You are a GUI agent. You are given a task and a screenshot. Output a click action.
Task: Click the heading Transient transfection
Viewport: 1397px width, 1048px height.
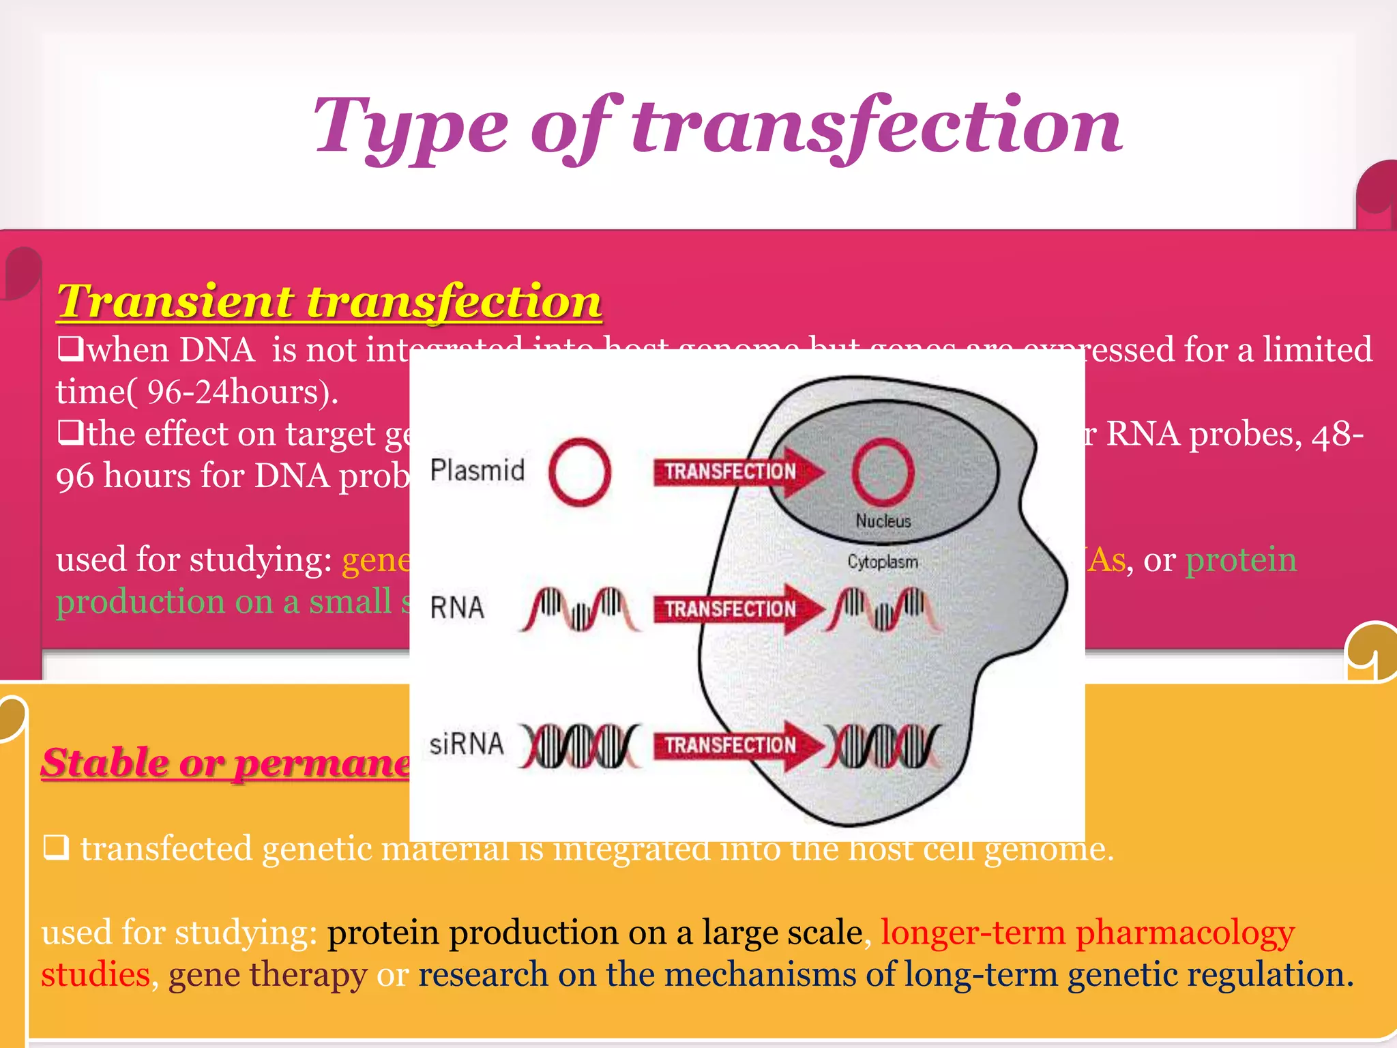click(x=329, y=301)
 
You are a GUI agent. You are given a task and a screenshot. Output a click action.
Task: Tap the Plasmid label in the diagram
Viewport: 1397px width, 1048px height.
click(x=477, y=471)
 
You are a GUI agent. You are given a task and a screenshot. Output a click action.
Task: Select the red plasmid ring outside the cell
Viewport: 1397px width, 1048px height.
click(x=579, y=471)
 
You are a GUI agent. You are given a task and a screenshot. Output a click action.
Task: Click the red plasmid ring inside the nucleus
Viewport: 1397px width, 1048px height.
click(x=883, y=471)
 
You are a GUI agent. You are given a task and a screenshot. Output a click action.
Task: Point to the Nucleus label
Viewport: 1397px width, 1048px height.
click(x=883, y=521)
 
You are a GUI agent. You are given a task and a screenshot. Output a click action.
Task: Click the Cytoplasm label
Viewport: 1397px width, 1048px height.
click(x=883, y=562)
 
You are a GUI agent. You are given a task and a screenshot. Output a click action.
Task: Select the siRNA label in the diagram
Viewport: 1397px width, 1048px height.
click(x=467, y=744)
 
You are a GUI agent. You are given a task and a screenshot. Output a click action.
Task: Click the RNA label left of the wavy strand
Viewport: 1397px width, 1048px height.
click(x=457, y=608)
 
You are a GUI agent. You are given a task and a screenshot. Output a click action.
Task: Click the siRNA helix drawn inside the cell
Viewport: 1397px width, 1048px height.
click(x=883, y=745)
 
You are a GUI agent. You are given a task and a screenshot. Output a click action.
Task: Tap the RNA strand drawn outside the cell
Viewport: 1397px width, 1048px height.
click(x=579, y=609)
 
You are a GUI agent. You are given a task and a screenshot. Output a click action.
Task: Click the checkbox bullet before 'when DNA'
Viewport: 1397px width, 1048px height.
click(x=70, y=350)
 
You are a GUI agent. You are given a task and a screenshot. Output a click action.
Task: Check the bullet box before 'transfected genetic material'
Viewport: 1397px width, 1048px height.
click(x=56, y=848)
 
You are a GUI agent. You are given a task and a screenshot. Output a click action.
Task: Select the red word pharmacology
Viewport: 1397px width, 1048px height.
click(x=1185, y=933)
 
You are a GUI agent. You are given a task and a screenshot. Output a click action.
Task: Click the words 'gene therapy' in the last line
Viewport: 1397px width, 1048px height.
click(x=267, y=975)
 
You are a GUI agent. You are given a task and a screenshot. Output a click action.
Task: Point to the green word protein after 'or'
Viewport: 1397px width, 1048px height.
click(x=1240, y=560)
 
